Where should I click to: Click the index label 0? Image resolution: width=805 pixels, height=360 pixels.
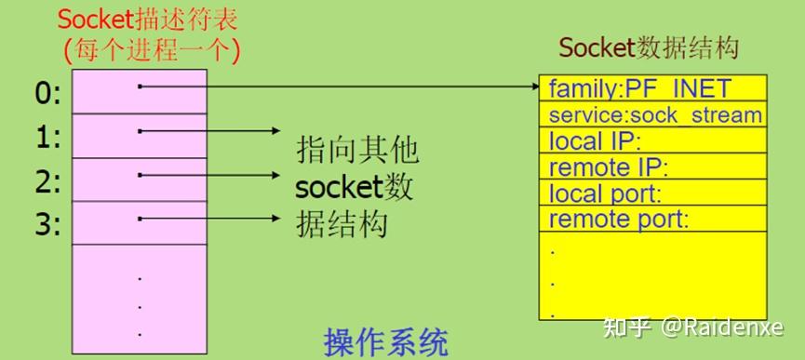tap(47, 92)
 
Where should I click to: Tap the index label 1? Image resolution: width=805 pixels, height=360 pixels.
tap(47, 137)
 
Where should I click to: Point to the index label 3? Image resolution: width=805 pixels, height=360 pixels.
tap(47, 224)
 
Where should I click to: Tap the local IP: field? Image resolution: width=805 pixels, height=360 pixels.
tap(596, 141)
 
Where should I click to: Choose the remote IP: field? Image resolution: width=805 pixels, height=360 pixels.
tap(609, 168)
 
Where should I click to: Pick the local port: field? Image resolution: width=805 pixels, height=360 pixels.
tap(605, 194)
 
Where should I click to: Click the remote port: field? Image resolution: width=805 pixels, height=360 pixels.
tap(618, 220)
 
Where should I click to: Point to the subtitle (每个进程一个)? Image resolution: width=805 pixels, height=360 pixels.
tap(148, 48)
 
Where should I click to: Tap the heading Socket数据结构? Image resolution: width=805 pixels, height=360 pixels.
tap(649, 48)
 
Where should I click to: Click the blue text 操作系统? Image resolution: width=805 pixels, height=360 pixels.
tap(386, 340)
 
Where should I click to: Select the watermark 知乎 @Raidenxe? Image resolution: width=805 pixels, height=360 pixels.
tap(693, 327)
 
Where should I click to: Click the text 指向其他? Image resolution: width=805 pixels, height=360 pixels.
tap(357, 149)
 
